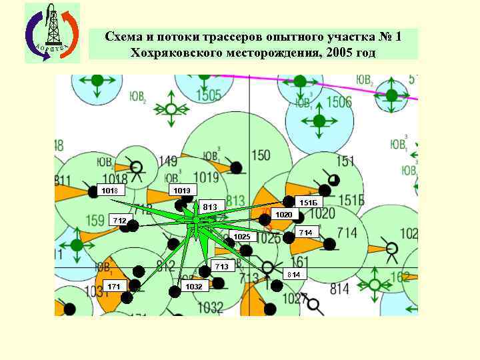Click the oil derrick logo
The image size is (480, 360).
click(x=52, y=33)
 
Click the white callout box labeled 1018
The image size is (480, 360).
click(x=109, y=191)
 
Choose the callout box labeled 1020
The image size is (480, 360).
click(x=284, y=215)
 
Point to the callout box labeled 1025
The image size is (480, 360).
click(x=242, y=237)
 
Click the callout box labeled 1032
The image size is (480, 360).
click(x=195, y=286)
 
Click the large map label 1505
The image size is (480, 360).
click(x=208, y=96)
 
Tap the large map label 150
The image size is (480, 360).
click(x=261, y=155)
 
